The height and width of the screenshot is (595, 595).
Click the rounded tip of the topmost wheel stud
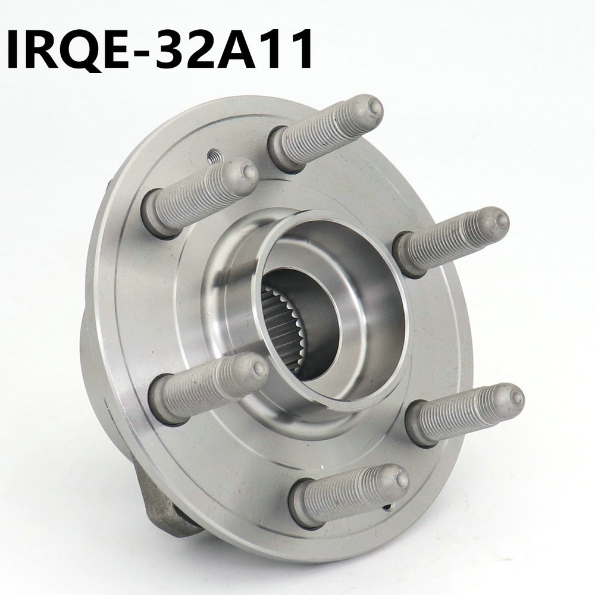[x=373, y=108]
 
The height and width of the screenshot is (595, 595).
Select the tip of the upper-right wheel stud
[x=500, y=220]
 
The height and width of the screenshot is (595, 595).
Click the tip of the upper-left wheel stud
[x=248, y=173]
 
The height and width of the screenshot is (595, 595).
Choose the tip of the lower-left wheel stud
[x=258, y=368]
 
